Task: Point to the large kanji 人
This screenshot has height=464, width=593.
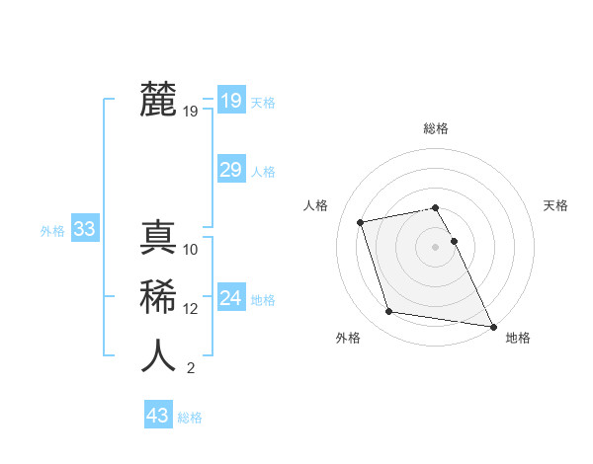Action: pos(159,355)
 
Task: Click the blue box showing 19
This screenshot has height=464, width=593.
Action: pos(230,100)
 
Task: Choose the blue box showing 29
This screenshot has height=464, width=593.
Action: pos(230,170)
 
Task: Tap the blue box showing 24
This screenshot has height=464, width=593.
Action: pos(230,298)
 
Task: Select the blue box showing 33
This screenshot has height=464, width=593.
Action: pos(84,230)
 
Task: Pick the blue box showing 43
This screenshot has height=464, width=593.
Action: pos(157,416)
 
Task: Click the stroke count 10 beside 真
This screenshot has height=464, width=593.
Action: pos(192,249)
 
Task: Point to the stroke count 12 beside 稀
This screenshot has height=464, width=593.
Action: pos(191,308)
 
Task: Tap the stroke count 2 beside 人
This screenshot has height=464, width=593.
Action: pos(190,368)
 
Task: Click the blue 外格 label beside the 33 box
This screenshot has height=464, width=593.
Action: pos(52,231)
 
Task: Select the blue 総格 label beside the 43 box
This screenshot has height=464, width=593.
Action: pos(190,418)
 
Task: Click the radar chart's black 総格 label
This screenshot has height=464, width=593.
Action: pos(436,128)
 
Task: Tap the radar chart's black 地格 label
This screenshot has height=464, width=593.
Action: pos(518,338)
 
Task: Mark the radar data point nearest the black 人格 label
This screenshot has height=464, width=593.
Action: pos(361,222)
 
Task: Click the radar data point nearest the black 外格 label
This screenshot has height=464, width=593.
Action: pos(389,312)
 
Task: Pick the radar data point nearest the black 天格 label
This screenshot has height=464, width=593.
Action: pos(454,241)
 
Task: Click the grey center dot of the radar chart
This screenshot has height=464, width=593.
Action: pos(436,247)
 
